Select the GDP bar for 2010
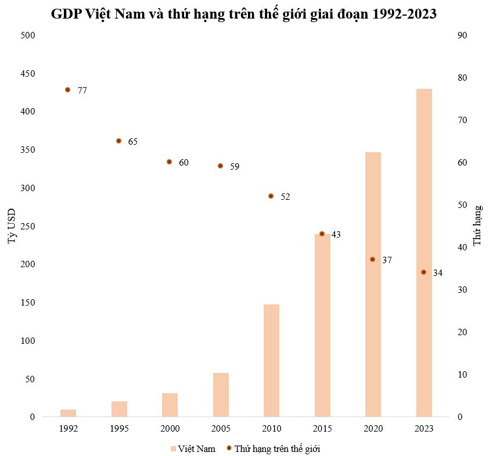[x=271, y=360]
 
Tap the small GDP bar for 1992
[x=68, y=413]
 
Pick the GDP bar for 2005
[x=221, y=394]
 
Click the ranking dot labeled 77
[x=67, y=90]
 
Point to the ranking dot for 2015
[x=322, y=234]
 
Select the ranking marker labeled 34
[x=423, y=272]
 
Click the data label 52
[x=285, y=197]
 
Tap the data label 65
[x=132, y=142]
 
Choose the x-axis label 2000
[x=170, y=429]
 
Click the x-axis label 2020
[x=373, y=429]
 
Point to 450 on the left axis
[x=28, y=74]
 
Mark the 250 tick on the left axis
[x=28, y=227]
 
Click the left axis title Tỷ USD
[x=12, y=226]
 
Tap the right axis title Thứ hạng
[x=477, y=225]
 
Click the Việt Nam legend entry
[x=192, y=449]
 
